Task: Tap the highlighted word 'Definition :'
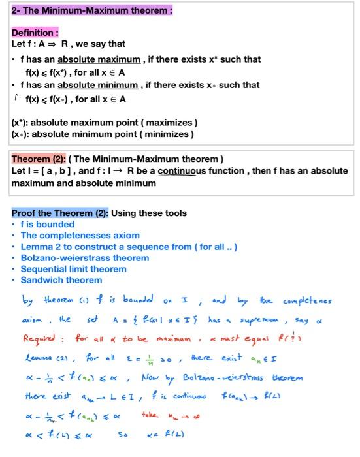point(35,33)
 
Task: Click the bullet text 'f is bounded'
point(47,224)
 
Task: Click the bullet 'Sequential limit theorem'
point(73,269)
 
